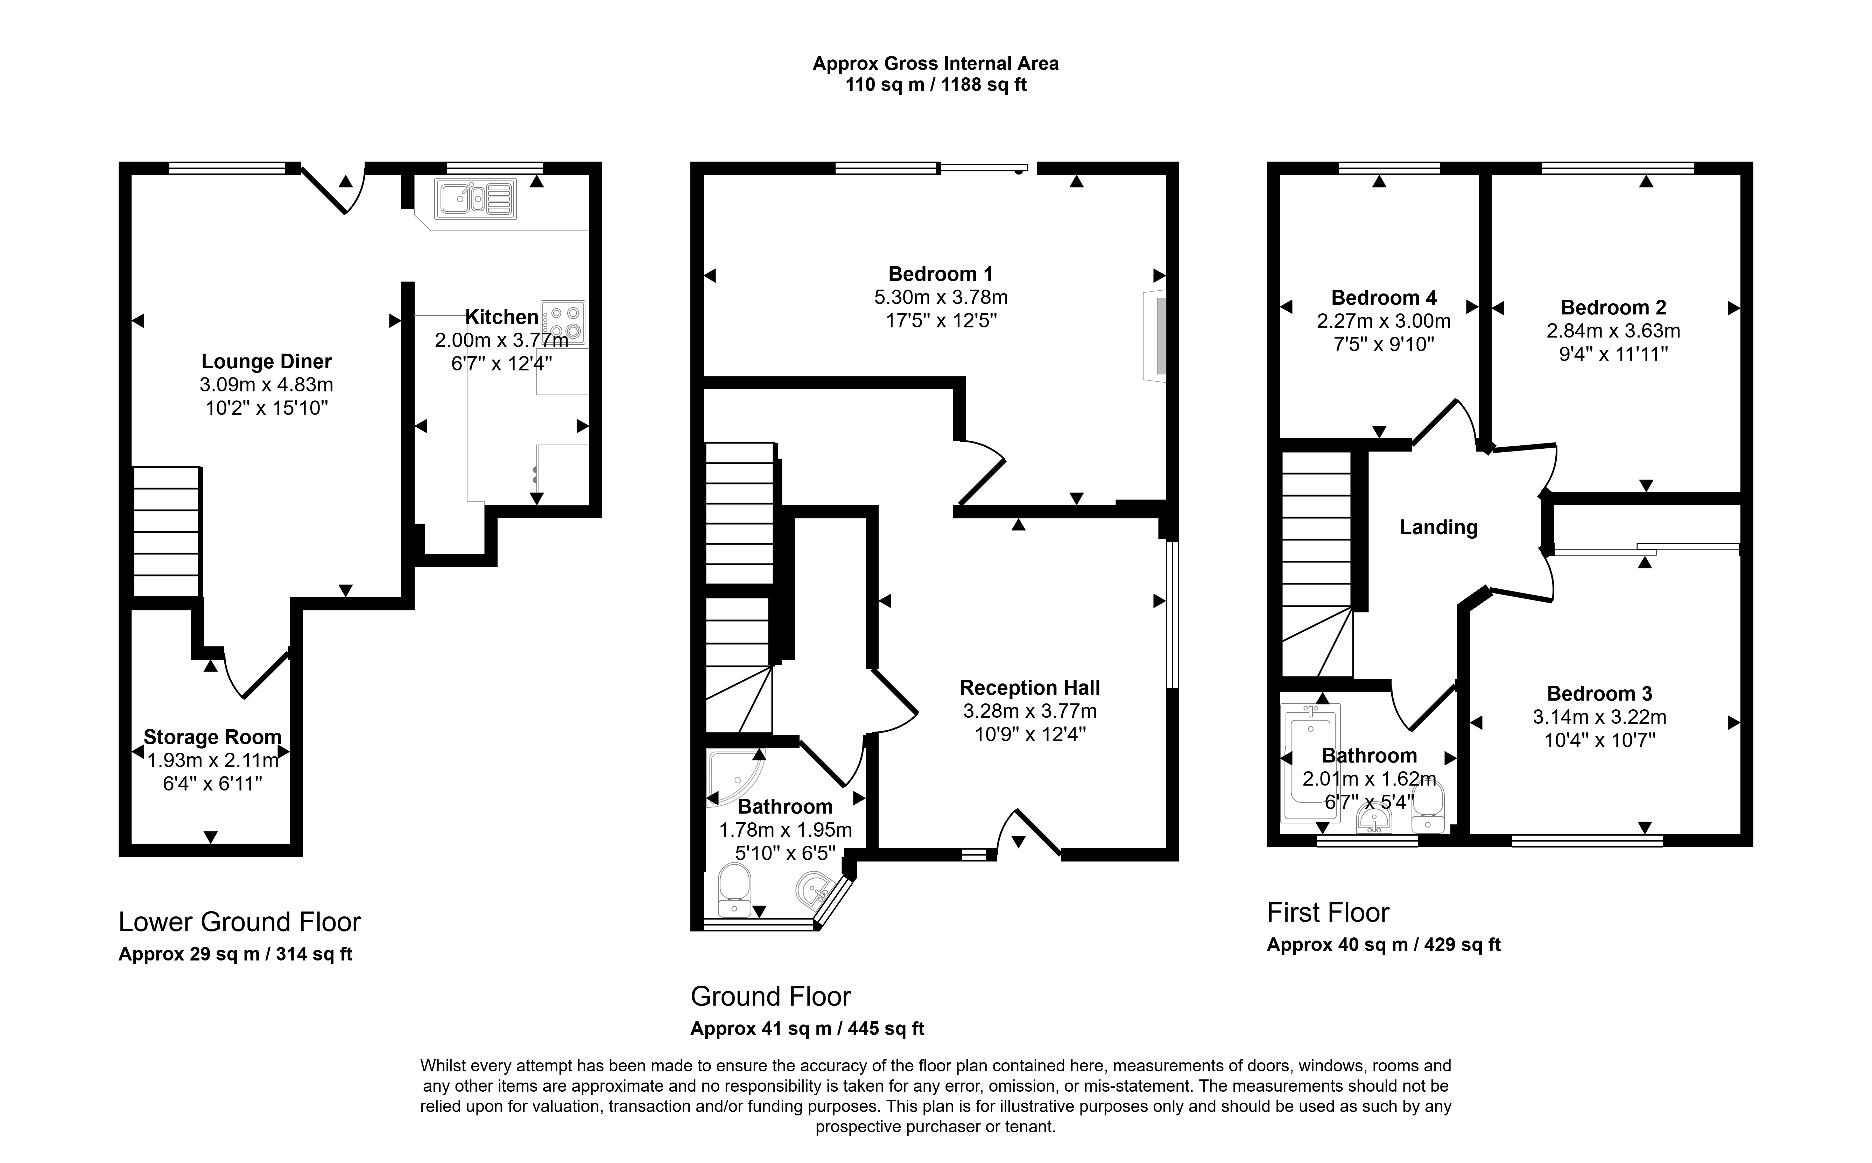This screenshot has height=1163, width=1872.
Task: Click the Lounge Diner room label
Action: [266, 362]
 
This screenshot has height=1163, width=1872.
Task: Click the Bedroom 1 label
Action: [940, 274]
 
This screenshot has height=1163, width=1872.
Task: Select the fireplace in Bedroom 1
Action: [1155, 335]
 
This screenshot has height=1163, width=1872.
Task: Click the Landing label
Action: [1438, 528]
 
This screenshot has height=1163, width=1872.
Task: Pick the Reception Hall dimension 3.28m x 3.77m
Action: [1029, 711]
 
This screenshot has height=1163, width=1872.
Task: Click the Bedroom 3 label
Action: [1599, 694]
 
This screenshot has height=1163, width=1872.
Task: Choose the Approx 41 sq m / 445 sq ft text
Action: [807, 1028]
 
